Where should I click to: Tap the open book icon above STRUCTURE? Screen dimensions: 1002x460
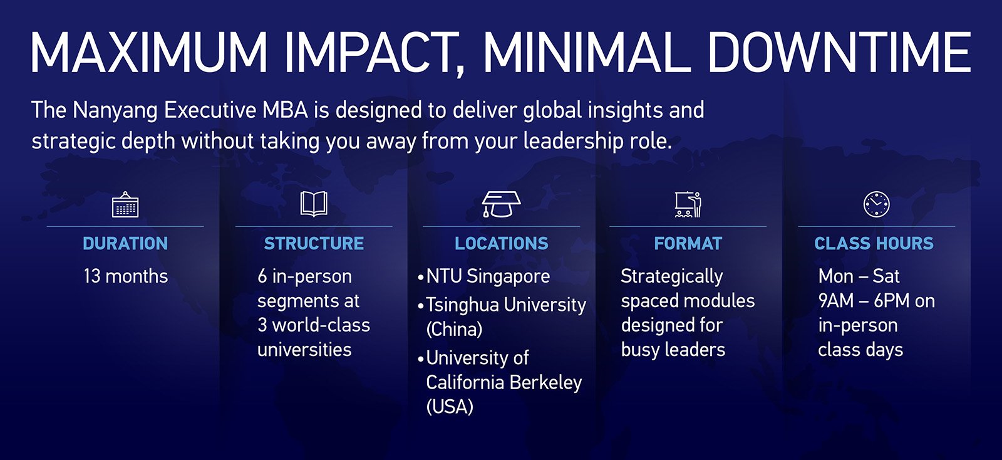click(x=314, y=204)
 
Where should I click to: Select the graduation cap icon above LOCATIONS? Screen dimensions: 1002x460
click(x=502, y=204)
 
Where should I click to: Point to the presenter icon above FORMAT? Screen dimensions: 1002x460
click(x=688, y=204)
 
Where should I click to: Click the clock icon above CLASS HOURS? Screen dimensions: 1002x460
click(x=876, y=204)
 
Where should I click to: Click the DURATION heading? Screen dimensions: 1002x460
click(x=125, y=243)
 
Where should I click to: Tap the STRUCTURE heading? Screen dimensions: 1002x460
click(x=314, y=243)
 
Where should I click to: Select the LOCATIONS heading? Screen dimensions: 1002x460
click(x=502, y=243)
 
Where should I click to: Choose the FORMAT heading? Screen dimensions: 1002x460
click(x=688, y=243)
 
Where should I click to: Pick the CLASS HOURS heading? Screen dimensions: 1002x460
click(x=874, y=243)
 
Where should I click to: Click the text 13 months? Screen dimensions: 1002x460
click(x=126, y=276)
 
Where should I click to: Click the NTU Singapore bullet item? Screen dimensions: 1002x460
click(x=483, y=277)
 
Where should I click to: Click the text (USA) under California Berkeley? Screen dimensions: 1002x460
click(x=450, y=407)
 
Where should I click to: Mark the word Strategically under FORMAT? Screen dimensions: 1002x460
click(x=672, y=277)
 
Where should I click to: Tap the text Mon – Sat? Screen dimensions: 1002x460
click(x=859, y=276)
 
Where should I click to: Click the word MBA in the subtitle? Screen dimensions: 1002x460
click(x=285, y=110)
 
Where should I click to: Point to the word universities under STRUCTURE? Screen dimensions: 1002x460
click(x=304, y=350)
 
